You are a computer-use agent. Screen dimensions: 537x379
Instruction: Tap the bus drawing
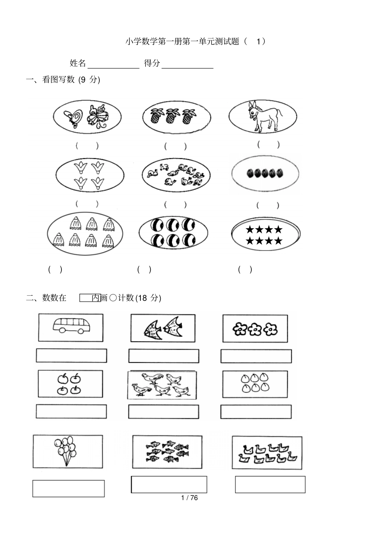click(x=71, y=326)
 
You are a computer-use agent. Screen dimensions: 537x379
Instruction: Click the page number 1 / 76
click(x=189, y=498)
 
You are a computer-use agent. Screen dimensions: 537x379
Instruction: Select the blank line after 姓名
click(x=113, y=64)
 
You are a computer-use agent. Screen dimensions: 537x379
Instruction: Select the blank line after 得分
click(x=188, y=64)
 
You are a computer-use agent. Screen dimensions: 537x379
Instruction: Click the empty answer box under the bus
click(x=71, y=356)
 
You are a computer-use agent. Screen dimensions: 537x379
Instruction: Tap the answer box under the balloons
click(x=68, y=489)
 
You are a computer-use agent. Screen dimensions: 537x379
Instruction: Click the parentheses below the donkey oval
click(x=268, y=145)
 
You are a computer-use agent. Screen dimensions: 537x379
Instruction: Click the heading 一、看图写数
click(x=51, y=80)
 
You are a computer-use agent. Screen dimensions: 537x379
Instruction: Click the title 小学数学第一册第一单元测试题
click(x=182, y=41)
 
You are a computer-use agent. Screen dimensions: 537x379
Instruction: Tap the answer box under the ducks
click(x=270, y=484)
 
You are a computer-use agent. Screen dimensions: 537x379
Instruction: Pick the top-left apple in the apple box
click(x=62, y=378)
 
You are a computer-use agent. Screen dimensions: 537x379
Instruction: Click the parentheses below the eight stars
click(x=245, y=270)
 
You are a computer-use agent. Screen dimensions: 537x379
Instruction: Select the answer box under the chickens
click(x=164, y=412)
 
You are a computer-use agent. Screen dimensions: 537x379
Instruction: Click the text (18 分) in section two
click(x=148, y=298)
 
